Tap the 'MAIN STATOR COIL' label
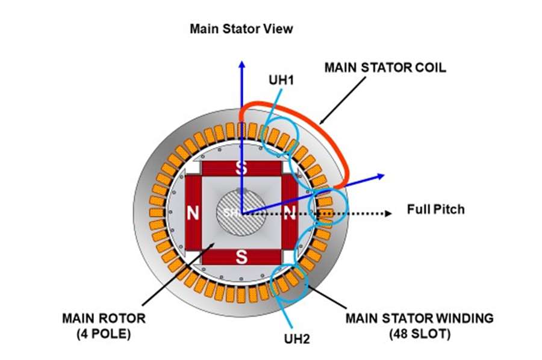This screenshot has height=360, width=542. point(385,67)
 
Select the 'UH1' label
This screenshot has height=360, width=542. point(283,79)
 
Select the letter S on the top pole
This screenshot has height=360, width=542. point(241,168)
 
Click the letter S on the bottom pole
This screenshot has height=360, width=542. point(241,257)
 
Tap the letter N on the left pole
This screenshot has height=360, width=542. point(193,213)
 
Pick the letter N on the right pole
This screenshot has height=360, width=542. point(290,213)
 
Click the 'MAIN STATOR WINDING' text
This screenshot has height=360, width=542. point(419,317)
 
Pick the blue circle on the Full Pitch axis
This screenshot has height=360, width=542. point(328,208)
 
